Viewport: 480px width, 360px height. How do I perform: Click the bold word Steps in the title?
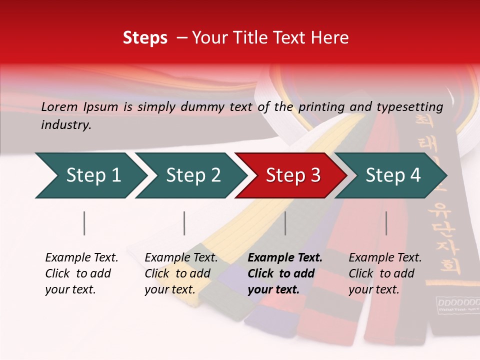coord(145,38)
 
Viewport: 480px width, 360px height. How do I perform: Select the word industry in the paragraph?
coord(66,125)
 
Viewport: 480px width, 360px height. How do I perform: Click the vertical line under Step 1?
coord(84,223)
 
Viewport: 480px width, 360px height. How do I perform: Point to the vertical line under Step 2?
coord(184,223)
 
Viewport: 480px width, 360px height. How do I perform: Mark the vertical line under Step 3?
coord(285,223)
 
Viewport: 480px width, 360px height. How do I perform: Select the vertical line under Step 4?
coord(386,223)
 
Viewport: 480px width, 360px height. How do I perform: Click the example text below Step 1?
coord(81,273)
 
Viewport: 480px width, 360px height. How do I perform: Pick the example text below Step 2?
coord(181,273)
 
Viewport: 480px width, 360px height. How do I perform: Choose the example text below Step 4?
coord(385,273)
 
